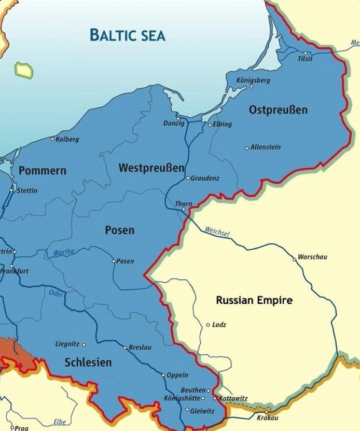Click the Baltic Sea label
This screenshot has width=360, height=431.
(x=127, y=35)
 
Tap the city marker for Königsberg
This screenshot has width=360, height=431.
(x=252, y=86)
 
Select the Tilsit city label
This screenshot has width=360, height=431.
(x=305, y=59)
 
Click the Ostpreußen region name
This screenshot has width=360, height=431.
(x=278, y=110)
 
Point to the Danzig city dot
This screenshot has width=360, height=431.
(x=178, y=118)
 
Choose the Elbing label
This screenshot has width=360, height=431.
(x=222, y=125)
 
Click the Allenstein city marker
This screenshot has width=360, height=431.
(x=247, y=148)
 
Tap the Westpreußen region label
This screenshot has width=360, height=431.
(x=151, y=168)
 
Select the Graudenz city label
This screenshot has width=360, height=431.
(x=205, y=178)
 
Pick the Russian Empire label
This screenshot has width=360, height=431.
(x=254, y=300)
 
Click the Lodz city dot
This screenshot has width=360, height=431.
(x=208, y=325)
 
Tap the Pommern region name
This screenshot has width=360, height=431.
(x=43, y=170)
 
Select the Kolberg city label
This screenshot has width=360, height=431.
(x=67, y=139)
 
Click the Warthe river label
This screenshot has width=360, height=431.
(x=64, y=253)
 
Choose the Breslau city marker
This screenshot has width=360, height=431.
(x=124, y=347)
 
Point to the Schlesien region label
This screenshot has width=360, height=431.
(x=88, y=362)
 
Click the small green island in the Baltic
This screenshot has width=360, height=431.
(x=23, y=70)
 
